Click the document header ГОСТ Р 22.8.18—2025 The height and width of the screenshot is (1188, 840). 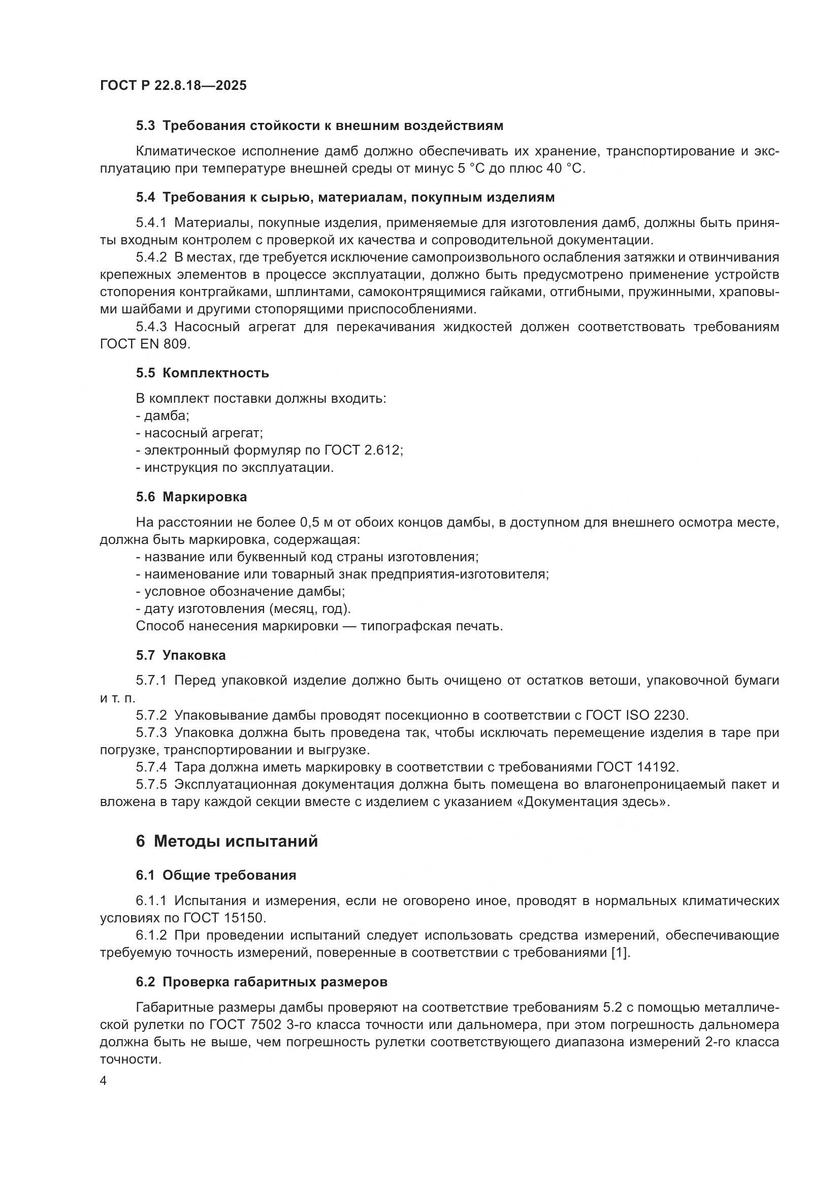coord(173,85)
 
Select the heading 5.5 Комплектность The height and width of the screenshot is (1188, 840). coord(202,373)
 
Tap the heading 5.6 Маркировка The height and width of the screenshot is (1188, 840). coord(191,497)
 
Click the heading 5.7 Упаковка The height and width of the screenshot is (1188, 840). coord(180,655)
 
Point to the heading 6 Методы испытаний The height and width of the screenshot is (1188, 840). coord(227,841)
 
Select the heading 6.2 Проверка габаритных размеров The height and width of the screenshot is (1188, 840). coord(262,982)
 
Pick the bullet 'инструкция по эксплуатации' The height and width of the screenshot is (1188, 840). coord(239,467)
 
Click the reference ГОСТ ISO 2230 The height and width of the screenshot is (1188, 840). coord(637,715)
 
